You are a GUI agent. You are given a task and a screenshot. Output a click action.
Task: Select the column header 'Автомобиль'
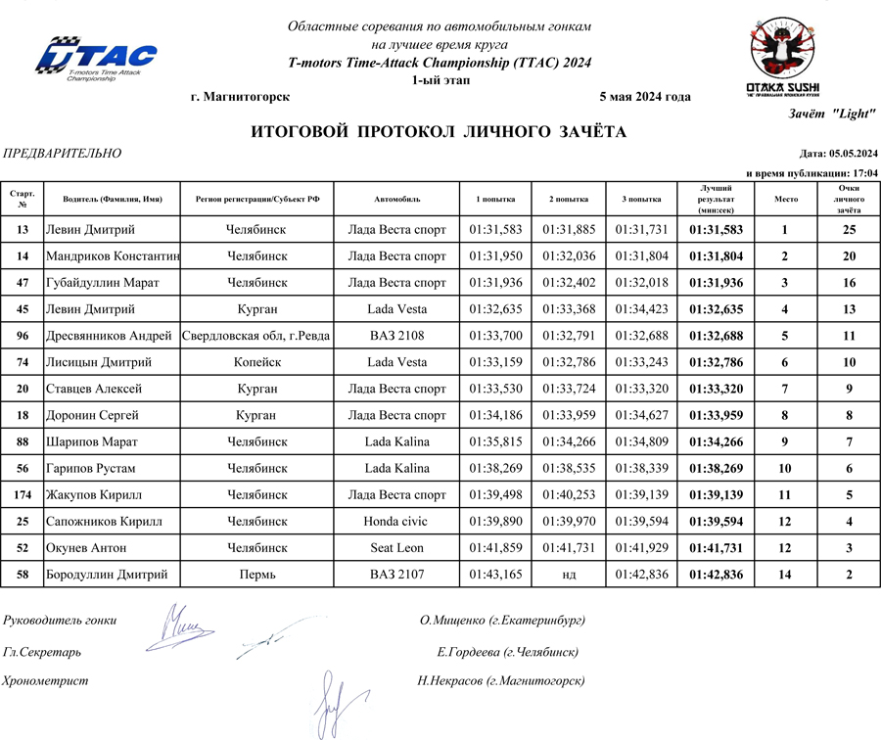[396, 199]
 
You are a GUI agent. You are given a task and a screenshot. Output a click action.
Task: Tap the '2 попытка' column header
[569, 199]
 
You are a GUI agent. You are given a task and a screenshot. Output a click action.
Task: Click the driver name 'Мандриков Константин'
[113, 256]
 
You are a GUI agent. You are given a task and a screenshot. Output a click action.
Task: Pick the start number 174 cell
[23, 494]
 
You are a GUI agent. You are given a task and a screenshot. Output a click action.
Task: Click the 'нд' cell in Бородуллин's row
[569, 574]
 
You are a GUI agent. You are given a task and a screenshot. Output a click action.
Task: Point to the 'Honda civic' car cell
[396, 521]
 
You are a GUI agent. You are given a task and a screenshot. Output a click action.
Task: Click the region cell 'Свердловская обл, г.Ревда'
[256, 336]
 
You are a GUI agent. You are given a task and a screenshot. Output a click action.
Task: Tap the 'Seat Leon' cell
[396, 547]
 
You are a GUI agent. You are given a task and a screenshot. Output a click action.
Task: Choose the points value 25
[849, 230]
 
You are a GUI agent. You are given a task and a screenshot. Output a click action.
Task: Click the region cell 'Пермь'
[256, 574]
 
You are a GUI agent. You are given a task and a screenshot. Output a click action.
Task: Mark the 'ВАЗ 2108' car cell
[396, 336]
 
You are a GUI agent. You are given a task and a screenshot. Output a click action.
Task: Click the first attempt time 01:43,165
[496, 574]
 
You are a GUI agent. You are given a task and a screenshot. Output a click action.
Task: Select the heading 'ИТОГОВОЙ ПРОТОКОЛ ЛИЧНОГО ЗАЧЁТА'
[439, 132]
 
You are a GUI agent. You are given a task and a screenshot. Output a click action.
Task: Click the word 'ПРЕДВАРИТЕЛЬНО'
[63, 154]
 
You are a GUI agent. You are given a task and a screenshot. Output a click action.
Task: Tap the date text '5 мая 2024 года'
[643, 96]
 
